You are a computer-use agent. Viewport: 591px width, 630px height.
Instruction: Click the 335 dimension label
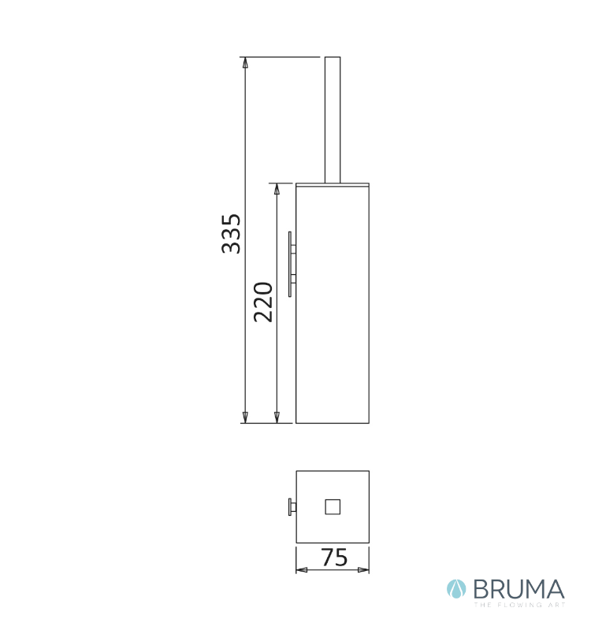click(231, 233)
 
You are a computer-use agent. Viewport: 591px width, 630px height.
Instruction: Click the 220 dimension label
click(263, 302)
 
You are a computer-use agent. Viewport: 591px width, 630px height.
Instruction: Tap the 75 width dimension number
click(333, 558)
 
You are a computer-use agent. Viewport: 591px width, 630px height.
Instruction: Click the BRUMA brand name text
click(519, 589)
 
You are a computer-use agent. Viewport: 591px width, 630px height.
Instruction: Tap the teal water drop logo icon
click(456, 589)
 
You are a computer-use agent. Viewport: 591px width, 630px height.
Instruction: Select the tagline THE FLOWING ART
click(519, 605)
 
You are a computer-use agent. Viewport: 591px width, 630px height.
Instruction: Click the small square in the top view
click(333, 506)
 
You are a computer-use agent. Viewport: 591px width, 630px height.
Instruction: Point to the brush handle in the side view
click(333, 120)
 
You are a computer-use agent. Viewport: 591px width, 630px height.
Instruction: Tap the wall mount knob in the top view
click(292, 506)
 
